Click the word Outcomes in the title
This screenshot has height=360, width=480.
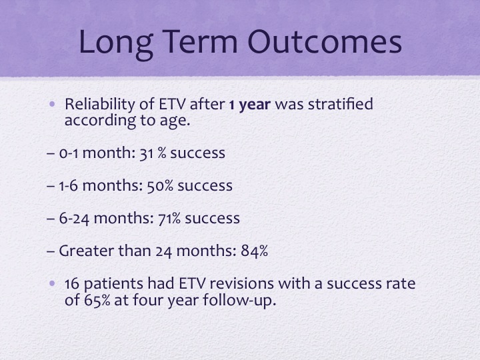point(325,41)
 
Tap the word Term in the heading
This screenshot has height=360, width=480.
point(201,41)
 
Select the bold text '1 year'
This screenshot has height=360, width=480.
point(250,105)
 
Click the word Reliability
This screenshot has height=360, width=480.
point(100,105)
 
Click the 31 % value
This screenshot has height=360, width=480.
point(153,153)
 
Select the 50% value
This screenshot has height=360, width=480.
point(160,186)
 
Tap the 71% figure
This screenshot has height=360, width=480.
point(169,219)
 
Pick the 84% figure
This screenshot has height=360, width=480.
point(255,251)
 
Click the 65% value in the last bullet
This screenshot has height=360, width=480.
point(97,300)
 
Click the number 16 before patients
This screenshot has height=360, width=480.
point(72,283)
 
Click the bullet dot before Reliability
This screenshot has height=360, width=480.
point(52,104)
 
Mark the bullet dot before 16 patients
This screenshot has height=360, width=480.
point(52,283)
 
